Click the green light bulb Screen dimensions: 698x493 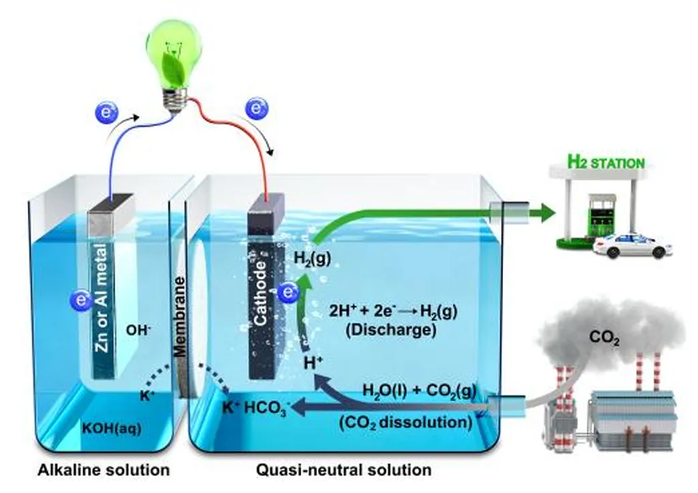click(x=174, y=62)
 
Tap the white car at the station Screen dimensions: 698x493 click(x=633, y=246)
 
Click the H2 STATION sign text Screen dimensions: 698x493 click(x=606, y=162)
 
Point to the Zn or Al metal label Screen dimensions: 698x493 click(x=102, y=297)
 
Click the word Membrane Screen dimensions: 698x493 click(x=179, y=316)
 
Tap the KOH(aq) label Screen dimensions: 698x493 click(x=112, y=428)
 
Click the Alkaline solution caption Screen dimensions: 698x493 click(x=104, y=470)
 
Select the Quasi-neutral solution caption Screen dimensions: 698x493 click(x=344, y=470)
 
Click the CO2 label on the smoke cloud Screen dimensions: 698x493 click(x=604, y=338)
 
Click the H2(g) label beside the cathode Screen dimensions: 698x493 click(x=312, y=258)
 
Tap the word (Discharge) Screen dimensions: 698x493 click(x=391, y=330)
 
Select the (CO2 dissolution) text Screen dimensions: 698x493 click(x=406, y=422)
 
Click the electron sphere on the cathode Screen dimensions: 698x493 click(x=288, y=293)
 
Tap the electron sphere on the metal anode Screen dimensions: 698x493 click(x=81, y=300)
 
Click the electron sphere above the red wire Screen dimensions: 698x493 click(x=256, y=108)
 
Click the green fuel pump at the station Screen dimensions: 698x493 click(x=598, y=216)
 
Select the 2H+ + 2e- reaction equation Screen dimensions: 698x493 click(x=393, y=312)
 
